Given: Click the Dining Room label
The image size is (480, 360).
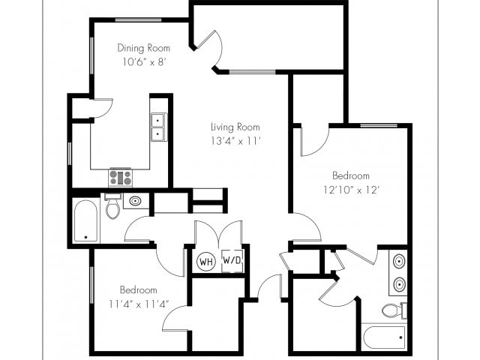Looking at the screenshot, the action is click(x=143, y=48).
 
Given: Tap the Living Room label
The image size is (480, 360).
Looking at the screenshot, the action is click(x=235, y=127).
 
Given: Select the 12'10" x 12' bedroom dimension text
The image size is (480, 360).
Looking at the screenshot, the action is click(x=352, y=190).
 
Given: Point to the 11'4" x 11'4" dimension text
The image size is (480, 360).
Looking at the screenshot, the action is click(x=139, y=304).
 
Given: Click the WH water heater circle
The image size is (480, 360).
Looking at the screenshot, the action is click(x=206, y=262).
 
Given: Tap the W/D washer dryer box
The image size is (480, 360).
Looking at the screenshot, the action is click(x=232, y=260).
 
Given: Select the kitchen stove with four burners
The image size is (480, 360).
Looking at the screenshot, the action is click(x=121, y=178).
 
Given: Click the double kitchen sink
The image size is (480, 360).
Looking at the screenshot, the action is click(x=159, y=127).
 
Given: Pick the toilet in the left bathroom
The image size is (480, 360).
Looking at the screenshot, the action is click(x=112, y=205).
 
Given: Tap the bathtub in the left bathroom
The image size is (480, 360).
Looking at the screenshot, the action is click(x=85, y=220).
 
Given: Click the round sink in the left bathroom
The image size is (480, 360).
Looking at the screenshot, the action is click(x=135, y=201).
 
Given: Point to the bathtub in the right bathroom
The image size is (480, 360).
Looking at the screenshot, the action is click(x=385, y=337).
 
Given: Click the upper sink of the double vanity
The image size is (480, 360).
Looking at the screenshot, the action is click(x=400, y=262).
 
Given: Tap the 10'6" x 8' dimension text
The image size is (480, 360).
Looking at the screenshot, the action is click(x=144, y=62).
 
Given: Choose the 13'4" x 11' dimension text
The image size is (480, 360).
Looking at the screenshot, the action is click(x=235, y=141).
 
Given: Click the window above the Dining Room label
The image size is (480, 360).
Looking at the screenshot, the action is click(x=139, y=20).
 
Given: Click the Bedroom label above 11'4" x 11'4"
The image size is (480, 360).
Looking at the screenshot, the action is click(x=138, y=289).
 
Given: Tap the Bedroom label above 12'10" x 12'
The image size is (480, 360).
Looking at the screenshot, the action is click(x=351, y=175).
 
